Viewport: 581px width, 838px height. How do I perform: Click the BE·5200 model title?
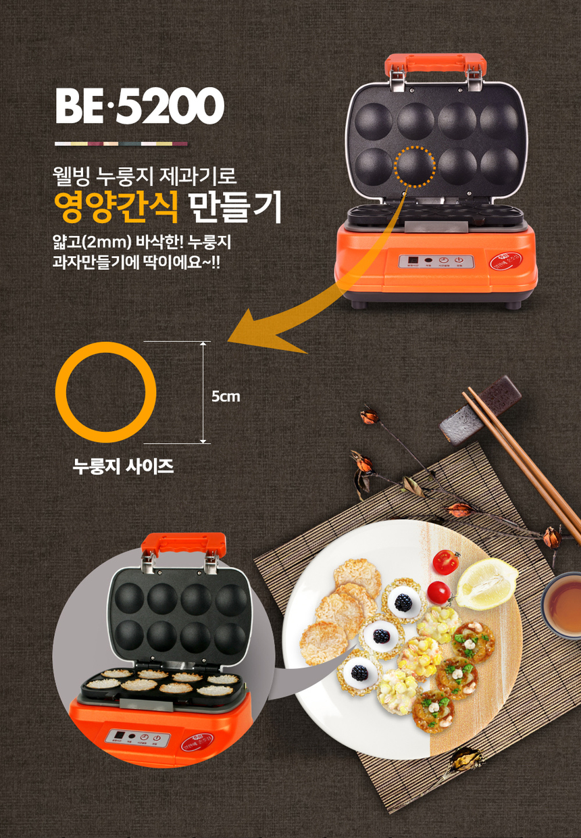point(139,107)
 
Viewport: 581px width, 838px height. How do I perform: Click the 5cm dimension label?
point(226,397)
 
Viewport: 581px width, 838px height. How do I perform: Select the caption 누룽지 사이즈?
point(124,466)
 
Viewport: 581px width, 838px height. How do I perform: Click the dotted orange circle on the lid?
point(415,166)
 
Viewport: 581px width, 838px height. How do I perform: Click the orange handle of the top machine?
point(435,65)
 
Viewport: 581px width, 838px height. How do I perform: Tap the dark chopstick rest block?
point(480,410)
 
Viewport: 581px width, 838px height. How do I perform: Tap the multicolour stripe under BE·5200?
point(122,143)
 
